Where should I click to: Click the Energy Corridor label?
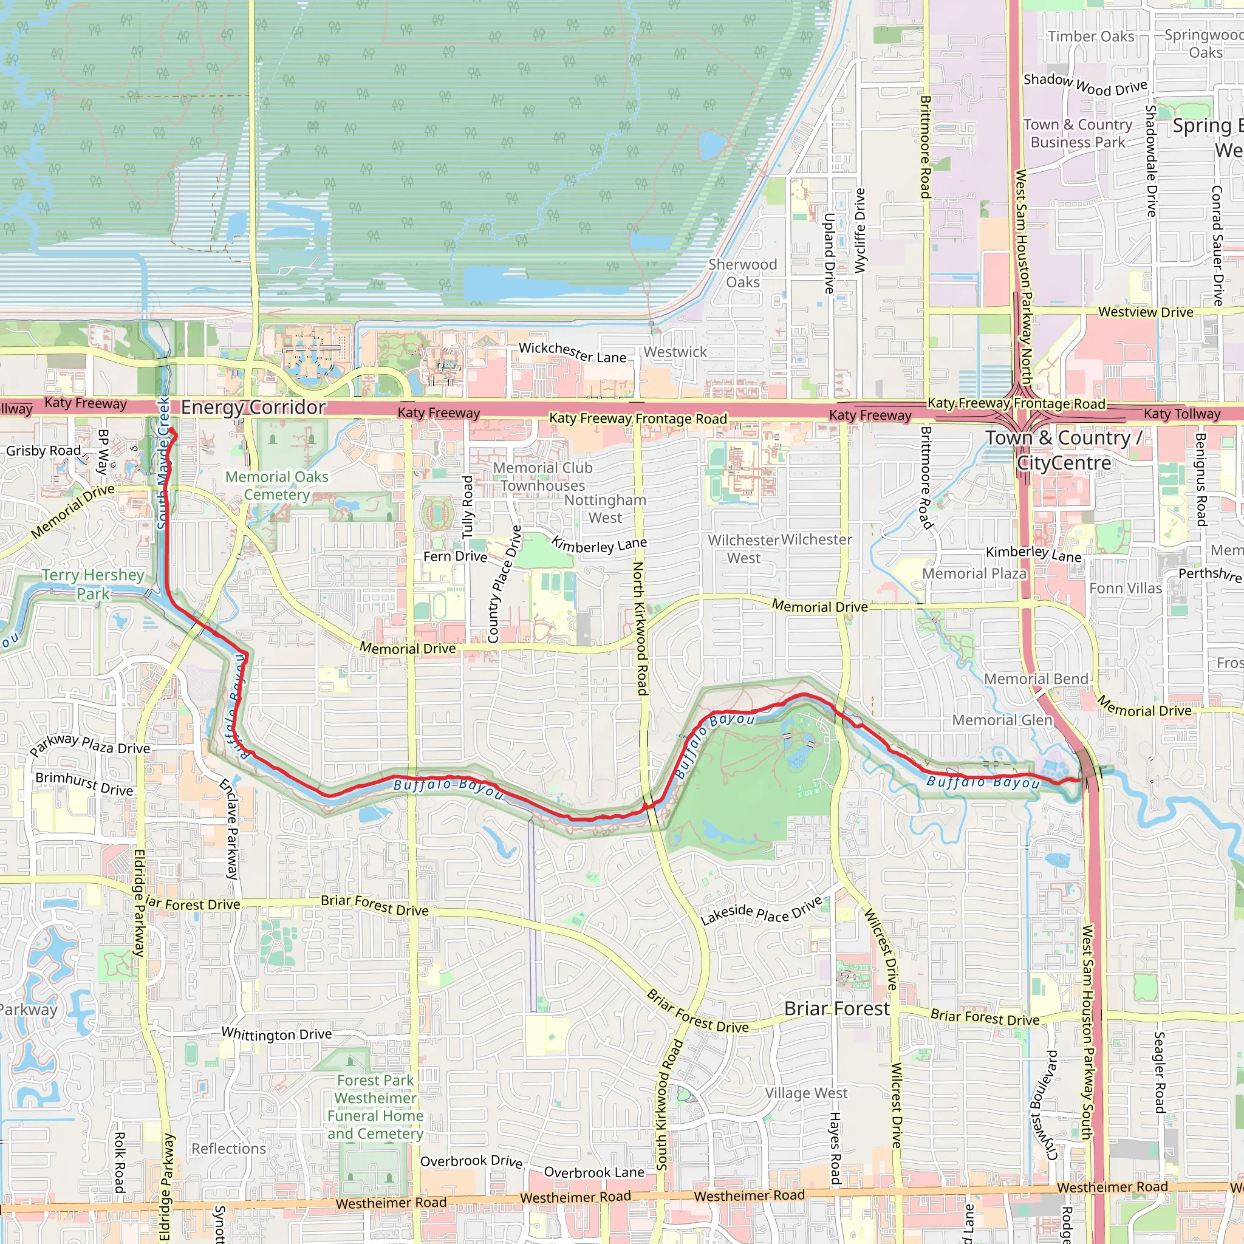pos(253,408)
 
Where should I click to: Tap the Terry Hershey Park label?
pos(93,584)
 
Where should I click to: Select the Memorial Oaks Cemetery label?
pos(277,485)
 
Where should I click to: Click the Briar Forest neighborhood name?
pos(836,1009)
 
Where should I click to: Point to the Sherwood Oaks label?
pos(742,273)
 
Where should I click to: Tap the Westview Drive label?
pos(1146,312)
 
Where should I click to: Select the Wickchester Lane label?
pos(572,353)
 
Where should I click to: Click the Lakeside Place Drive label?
pos(761,911)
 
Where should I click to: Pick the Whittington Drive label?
pos(277,1034)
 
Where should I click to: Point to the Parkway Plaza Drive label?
pos(89,745)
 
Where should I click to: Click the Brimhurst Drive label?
pos(84,784)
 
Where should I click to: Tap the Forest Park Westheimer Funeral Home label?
pos(375,1107)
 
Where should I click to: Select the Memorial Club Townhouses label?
pos(543,476)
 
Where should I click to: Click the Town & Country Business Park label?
pos(1078,133)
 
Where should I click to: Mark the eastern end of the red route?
pos(1080,780)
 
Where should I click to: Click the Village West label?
pos(806,1093)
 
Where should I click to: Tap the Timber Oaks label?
pos(1091,36)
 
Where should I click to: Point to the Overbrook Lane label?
pos(593,1172)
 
